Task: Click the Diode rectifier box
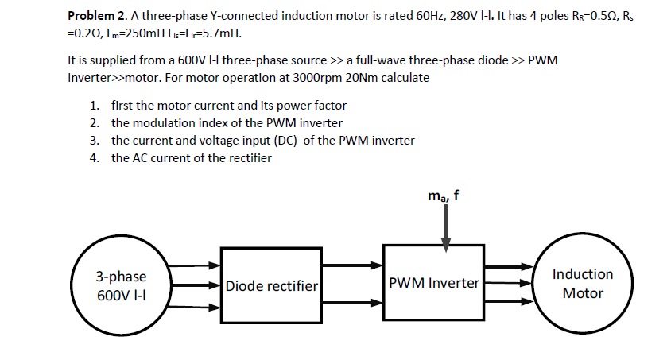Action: click(x=271, y=285)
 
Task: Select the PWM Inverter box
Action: click(x=434, y=283)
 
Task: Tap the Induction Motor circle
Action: click(x=582, y=284)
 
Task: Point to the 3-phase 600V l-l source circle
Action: click(x=121, y=285)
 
